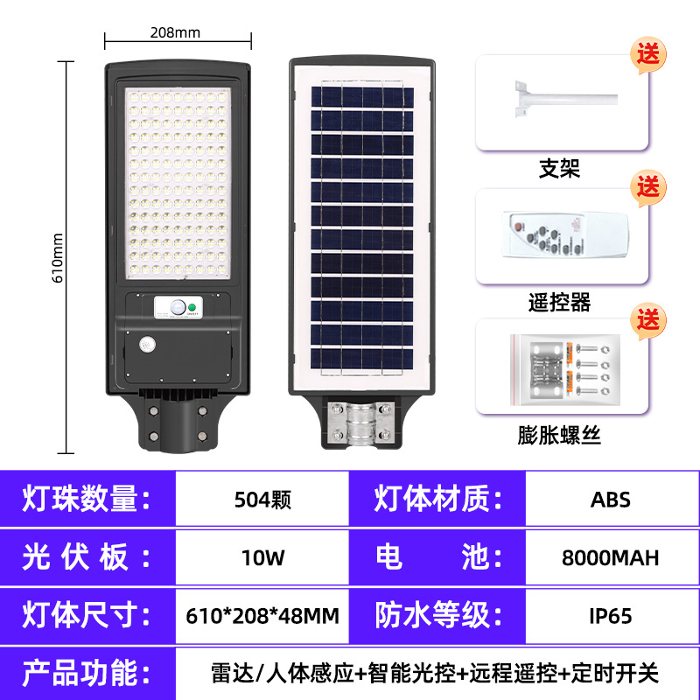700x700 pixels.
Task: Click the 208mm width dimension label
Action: point(175,33)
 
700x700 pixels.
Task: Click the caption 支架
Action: point(559,168)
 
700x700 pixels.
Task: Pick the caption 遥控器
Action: point(559,303)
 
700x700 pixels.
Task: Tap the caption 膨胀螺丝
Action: point(559,435)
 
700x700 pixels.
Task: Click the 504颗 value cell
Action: point(262,500)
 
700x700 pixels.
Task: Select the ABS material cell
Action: point(611,500)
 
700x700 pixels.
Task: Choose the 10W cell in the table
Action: point(262,557)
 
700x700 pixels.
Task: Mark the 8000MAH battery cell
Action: point(611,557)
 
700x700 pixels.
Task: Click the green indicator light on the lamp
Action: point(192,307)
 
